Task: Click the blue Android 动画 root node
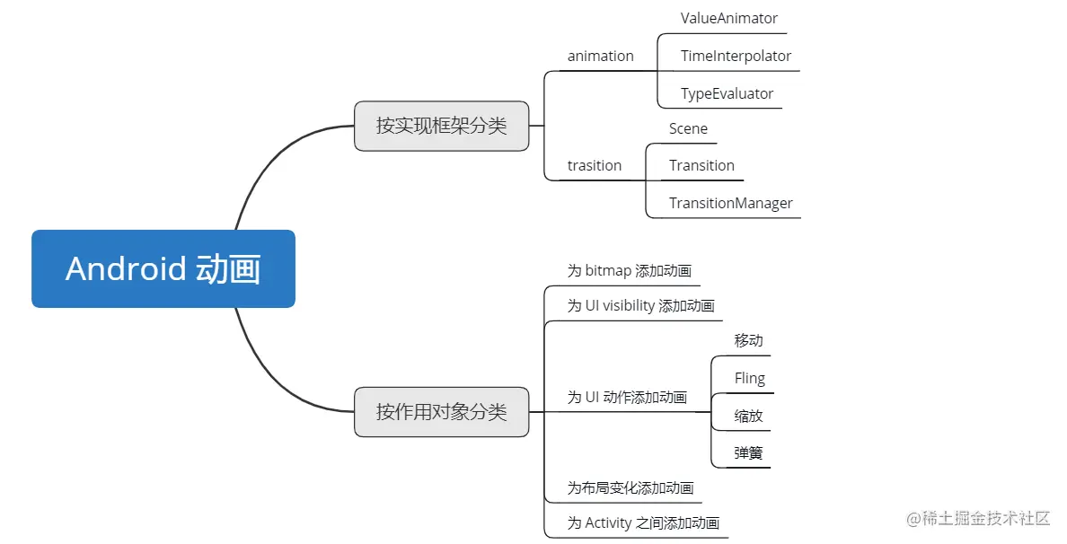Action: pyautogui.click(x=163, y=269)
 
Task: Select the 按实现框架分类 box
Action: pyautogui.click(x=441, y=126)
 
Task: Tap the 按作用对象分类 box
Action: pyautogui.click(x=441, y=412)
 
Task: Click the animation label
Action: pyautogui.click(x=600, y=56)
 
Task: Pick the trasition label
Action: pyautogui.click(x=594, y=165)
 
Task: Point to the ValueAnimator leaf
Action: pyautogui.click(x=728, y=18)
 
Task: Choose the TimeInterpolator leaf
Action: pyautogui.click(x=736, y=56)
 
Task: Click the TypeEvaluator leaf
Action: pyautogui.click(x=727, y=93)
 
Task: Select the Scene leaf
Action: pyautogui.click(x=688, y=128)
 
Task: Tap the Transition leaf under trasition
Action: pyautogui.click(x=701, y=165)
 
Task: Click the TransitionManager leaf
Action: pyautogui.click(x=730, y=203)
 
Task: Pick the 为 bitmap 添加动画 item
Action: pyautogui.click(x=629, y=270)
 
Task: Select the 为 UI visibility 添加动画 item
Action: pyautogui.click(x=640, y=305)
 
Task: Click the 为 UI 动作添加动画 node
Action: pyautogui.click(x=627, y=397)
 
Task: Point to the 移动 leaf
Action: pyautogui.click(x=748, y=340)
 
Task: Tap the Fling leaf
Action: pyautogui.click(x=749, y=378)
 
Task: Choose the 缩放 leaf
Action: pyautogui.click(x=748, y=416)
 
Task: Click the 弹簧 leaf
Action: pyautogui.click(x=748, y=453)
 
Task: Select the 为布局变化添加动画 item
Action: pyautogui.click(x=630, y=487)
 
